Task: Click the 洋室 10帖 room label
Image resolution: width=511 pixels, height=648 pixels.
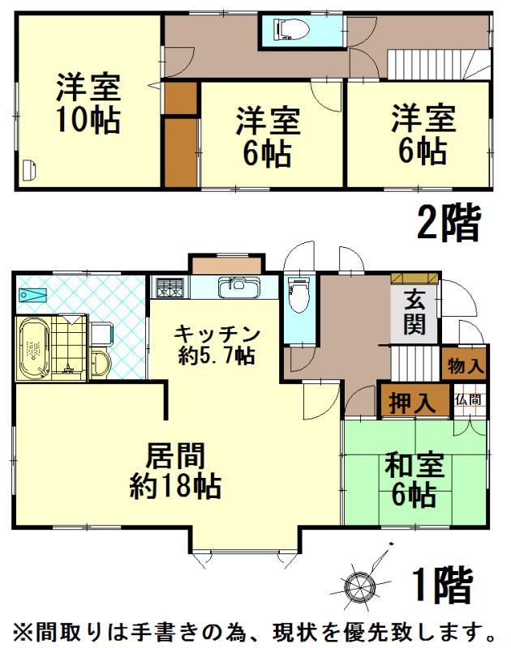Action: tap(88, 103)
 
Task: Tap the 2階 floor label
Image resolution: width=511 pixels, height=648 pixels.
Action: tap(449, 224)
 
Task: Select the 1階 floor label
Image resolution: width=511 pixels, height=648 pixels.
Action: tap(442, 586)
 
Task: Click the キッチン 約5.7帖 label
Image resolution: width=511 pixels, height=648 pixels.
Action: tap(217, 343)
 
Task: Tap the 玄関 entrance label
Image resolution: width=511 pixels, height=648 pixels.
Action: tap(414, 312)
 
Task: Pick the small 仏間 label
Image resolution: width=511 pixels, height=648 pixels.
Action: tap(468, 399)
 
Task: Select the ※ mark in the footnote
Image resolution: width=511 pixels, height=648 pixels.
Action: tap(22, 629)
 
